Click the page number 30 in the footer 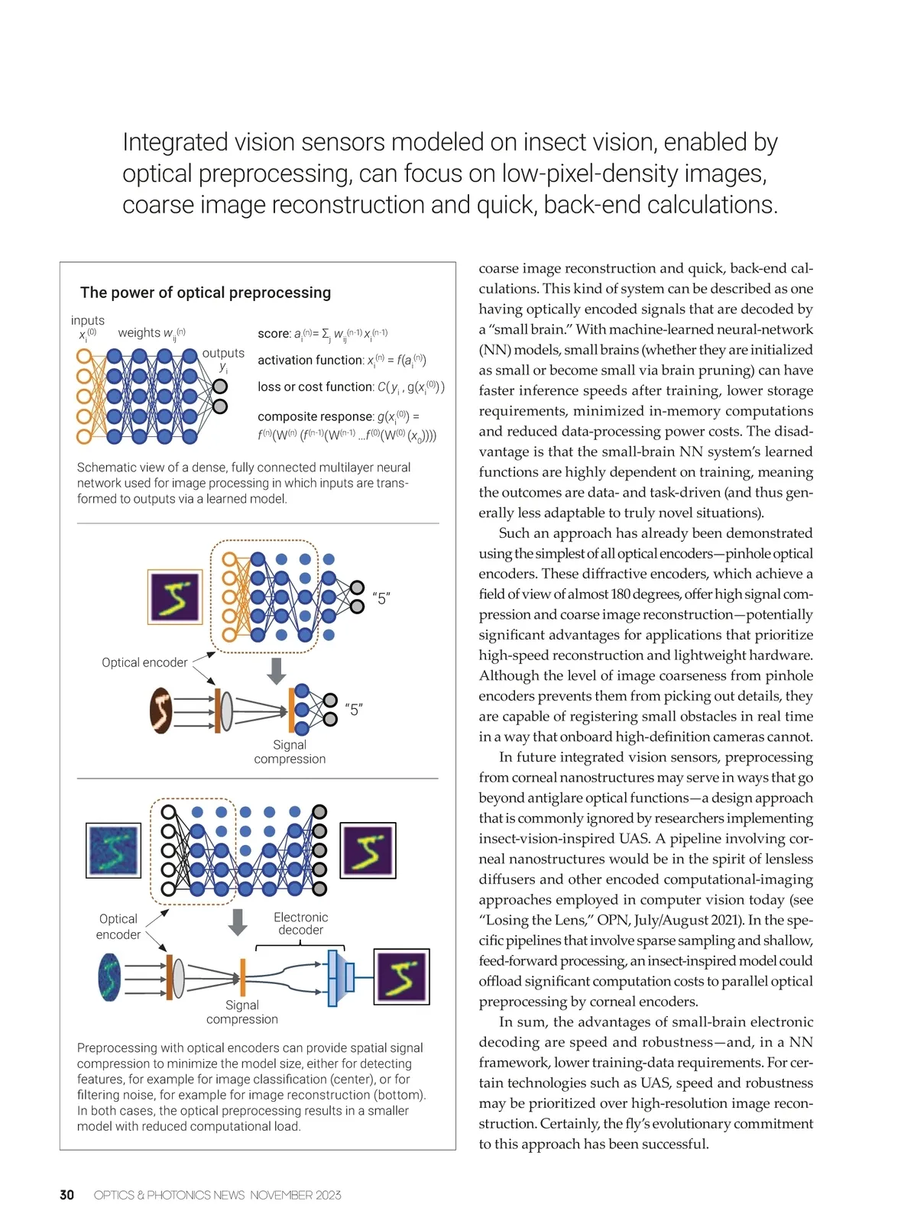(x=66, y=1195)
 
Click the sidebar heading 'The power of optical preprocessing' (x=206, y=293)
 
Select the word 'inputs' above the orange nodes (x=88, y=321)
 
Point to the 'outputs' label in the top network (x=223, y=353)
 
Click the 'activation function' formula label (x=310, y=360)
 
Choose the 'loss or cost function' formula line (x=316, y=387)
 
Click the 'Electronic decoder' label (x=300, y=923)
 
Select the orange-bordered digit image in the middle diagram (x=175, y=597)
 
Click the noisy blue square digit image (x=114, y=850)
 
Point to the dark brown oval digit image (x=160, y=711)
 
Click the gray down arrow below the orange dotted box (x=277, y=671)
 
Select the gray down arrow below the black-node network (x=238, y=921)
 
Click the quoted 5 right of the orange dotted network (x=381, y=598)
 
